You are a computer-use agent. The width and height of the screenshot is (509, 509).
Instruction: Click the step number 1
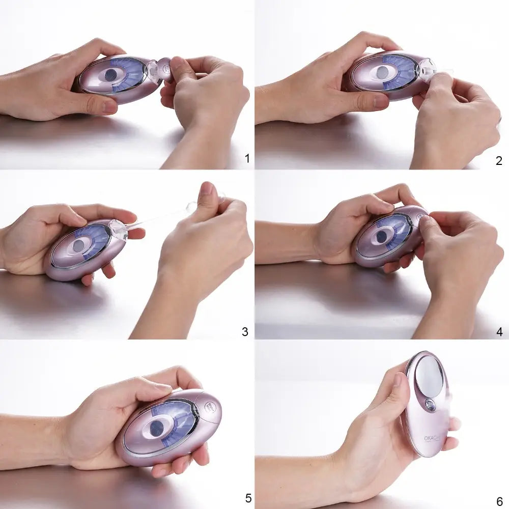[247, 159]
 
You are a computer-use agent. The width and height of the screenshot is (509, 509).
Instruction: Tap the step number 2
[498, 161]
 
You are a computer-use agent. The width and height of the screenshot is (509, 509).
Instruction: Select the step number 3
[245, 332]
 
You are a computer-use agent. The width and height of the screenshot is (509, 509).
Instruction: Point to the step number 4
[499, 332]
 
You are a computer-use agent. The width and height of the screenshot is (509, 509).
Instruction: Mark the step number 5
[248, 498]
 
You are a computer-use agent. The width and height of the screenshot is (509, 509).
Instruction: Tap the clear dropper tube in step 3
[158, 219]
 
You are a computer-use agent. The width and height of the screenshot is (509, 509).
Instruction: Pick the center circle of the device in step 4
[380, 236]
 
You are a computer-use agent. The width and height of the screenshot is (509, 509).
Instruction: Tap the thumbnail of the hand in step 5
[162, 388]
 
